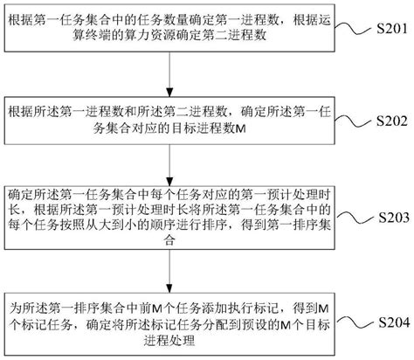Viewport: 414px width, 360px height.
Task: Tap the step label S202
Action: pos(390,121)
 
